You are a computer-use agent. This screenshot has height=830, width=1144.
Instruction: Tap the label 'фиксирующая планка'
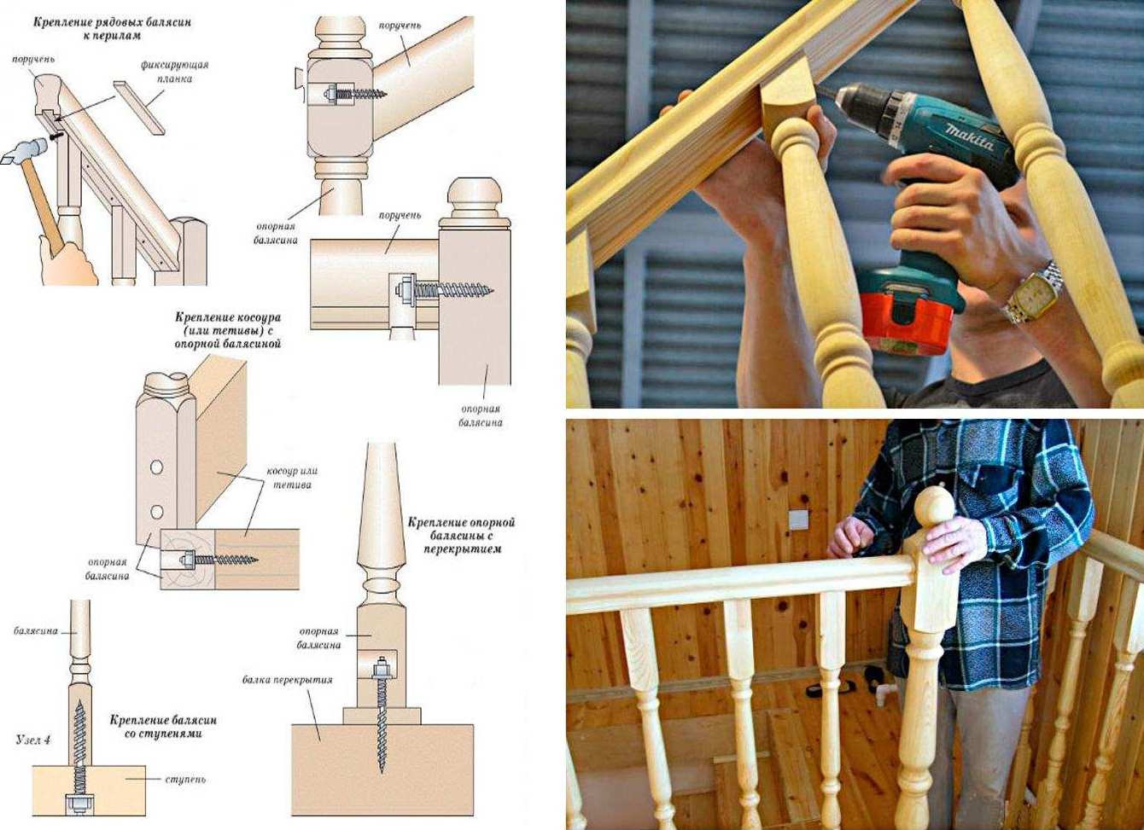[175, 72]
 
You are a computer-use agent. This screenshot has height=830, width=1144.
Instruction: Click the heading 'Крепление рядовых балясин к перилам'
[113, 29]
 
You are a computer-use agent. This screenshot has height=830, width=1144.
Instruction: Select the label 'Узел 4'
[32, 740]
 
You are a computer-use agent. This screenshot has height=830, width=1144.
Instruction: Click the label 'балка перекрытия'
[288, 680]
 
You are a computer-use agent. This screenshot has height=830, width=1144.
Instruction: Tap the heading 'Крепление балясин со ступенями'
[163, 727]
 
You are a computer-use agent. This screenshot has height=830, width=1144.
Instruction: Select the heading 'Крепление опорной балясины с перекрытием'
[461, 536]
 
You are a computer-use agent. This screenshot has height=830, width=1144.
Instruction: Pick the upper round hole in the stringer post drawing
[157, 467]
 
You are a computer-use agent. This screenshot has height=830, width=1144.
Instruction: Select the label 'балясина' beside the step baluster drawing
[35, 631]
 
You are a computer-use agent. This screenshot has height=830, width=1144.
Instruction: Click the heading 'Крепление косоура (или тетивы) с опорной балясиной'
[228, 330]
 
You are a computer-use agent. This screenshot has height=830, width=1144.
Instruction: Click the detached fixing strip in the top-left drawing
[139, 107]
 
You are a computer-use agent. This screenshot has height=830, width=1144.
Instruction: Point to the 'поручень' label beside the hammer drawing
[34, 59]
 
